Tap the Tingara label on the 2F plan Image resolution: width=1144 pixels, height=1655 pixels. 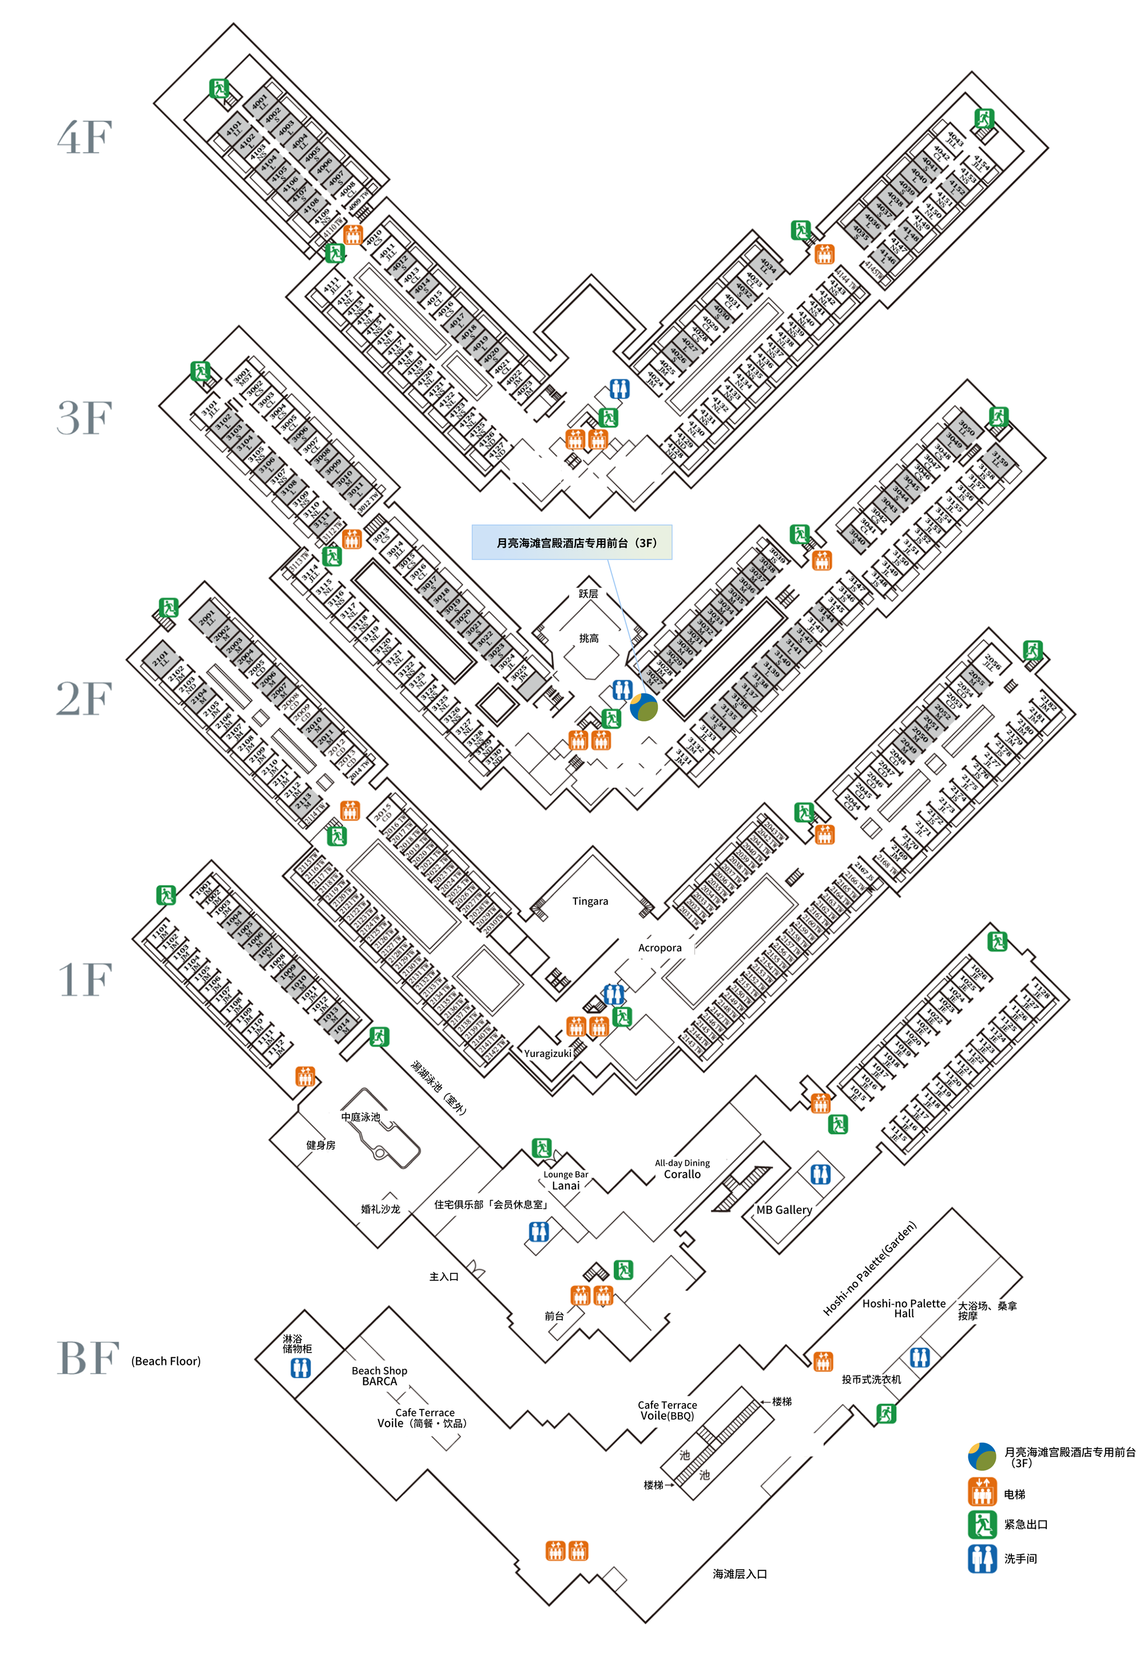tap(590, 901)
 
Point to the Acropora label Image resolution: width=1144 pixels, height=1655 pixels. tap(660, 948)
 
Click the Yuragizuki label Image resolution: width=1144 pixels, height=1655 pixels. tap(547, 1054)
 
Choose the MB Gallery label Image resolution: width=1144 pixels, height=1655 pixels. tap(784, 1210)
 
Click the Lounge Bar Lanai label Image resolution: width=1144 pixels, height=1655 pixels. tap(566, 1180)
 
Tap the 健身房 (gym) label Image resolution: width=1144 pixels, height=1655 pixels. tap(320, 1145)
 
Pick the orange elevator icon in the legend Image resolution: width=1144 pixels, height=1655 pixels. tap(982, 1494)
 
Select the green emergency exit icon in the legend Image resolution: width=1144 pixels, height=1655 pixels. tap(982, 1525)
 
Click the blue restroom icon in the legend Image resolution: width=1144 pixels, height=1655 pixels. tap(982, 1558)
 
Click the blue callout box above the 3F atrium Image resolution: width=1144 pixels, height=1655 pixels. tap(571, 542)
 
